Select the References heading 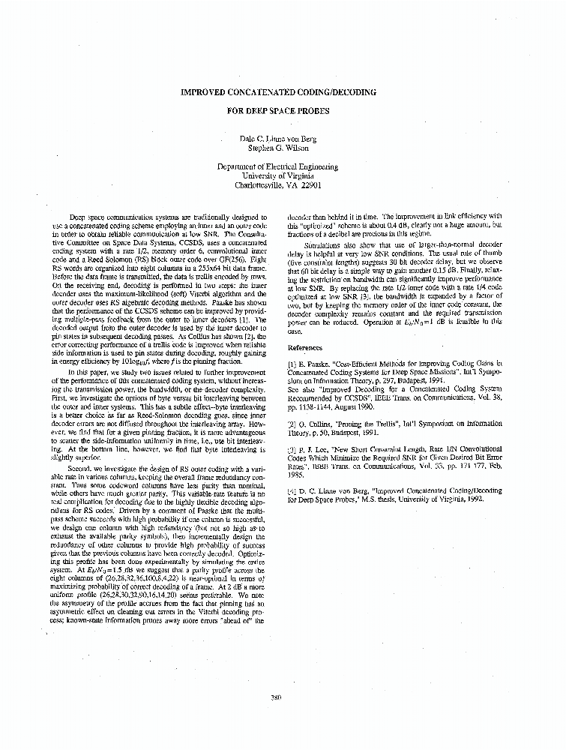[x=306, y=347]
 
